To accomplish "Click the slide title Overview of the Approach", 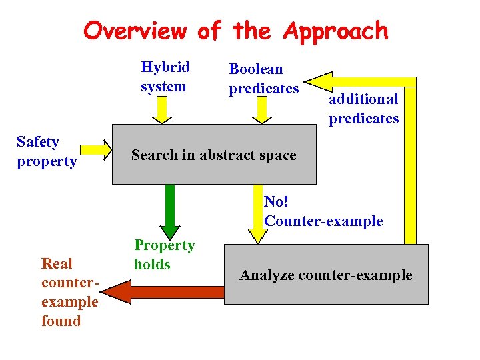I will (236, 31).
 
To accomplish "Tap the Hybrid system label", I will (165, 77).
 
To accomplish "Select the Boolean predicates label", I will (263, 79).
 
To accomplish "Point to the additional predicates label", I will (363, 109).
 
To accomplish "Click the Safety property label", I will (47, 151).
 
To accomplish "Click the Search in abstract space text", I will (213, 155).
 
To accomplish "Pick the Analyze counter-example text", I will (326, 275).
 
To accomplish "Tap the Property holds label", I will (164, 255).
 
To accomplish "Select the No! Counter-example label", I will (323, 211).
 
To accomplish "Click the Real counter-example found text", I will (69, 292).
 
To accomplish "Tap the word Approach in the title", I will (335, 31).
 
